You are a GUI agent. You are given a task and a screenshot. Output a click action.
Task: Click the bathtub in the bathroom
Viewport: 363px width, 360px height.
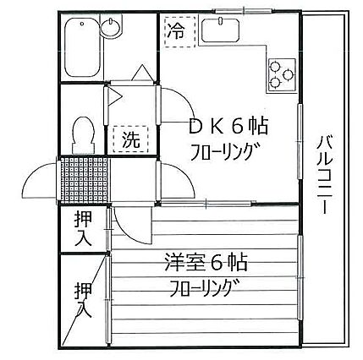point(82,47)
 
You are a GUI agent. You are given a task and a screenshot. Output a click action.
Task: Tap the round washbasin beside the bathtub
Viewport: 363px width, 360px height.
point(112,28)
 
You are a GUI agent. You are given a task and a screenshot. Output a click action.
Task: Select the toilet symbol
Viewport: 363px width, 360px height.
point(83,135)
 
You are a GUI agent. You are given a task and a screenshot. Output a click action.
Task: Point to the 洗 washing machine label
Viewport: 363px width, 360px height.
point(131,139)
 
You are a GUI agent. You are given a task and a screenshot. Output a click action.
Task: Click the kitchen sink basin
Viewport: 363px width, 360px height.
point(221,30)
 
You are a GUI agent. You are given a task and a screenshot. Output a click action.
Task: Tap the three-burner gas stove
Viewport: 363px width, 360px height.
point(282,75)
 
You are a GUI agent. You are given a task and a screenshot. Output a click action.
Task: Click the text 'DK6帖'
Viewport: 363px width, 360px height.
point(228,127)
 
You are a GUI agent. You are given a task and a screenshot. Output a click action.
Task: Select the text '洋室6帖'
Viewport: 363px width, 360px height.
point(206,262)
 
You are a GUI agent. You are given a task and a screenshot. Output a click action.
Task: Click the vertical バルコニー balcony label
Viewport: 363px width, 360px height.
point(325,174)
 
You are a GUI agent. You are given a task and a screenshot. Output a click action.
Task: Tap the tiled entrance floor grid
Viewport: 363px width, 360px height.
point(85,180)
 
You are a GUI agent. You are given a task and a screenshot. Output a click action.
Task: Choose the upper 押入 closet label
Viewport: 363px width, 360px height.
point(83,229)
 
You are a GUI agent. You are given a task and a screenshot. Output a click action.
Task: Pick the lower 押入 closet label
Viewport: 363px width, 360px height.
point(84,300)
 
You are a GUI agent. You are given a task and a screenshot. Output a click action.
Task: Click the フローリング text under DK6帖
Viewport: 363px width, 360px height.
point(225,151)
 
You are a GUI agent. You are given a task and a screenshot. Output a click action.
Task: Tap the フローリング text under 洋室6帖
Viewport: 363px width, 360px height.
point(204,288)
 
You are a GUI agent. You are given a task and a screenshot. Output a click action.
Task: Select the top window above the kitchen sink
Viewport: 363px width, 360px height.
point(244,11)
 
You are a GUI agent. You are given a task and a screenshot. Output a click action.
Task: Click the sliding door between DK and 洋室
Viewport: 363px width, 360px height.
point(206,204)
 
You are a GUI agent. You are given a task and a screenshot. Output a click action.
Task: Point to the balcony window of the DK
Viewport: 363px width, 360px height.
point(300,141)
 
